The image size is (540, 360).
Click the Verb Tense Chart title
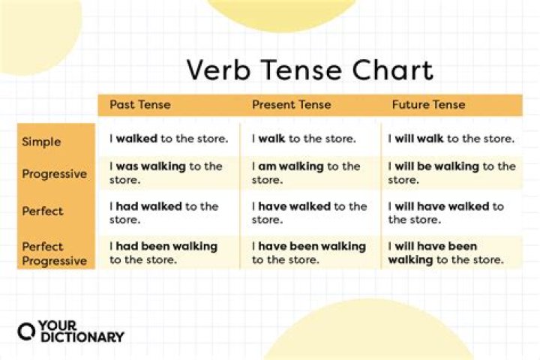coord(310,70)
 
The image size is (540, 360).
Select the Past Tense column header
coord(141,105)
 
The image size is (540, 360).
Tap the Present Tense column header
coord(291,105)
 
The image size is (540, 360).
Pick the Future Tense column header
coord(428,105)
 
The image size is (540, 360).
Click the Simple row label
coord(41,141)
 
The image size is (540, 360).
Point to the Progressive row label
coord(54,174)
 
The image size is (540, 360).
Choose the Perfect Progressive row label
coord(54,253)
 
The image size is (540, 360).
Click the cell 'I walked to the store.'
coord(167,139)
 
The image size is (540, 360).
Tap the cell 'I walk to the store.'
coord(304,139)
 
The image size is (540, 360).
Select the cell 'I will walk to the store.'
coord(451,139)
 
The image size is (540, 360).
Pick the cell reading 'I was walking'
coord(166,173)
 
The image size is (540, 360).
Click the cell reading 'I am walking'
coord(306,173)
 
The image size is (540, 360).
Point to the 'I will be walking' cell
coord(451,173)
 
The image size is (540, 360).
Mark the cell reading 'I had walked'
coord(164,213)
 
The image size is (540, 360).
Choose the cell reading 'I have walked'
coord(309,213)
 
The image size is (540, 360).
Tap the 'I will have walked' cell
coord(446,213)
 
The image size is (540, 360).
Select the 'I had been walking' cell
coord(163,253)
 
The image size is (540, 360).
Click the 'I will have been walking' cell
coord(445,253)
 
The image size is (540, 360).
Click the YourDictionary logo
coord(70,331)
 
